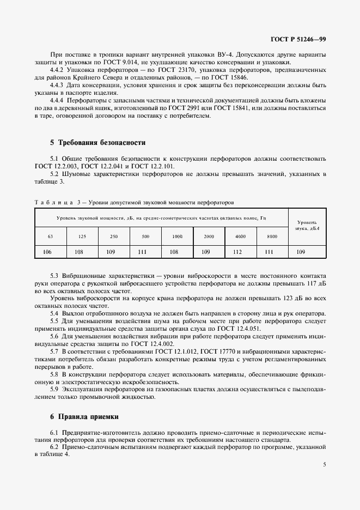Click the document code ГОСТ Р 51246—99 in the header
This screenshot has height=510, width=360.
(x=299, y=39)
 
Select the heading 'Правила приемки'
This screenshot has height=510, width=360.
(x=88, y=416)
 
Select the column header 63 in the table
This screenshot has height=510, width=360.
(x=50, y=236)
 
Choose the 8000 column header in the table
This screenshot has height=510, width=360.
(x=272, y=236)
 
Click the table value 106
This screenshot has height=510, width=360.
(x=47, y=252)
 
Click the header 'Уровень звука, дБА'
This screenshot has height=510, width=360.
(x=306, y=225)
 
